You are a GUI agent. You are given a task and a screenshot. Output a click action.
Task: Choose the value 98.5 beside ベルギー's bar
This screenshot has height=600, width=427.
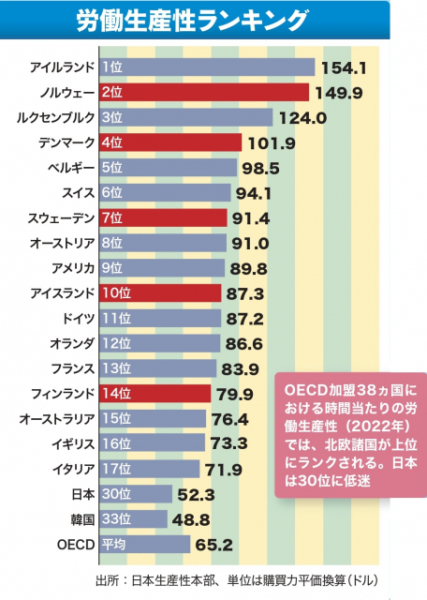tap(261, 168)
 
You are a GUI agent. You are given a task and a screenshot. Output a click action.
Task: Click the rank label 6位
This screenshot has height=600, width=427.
tap(111, 193)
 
